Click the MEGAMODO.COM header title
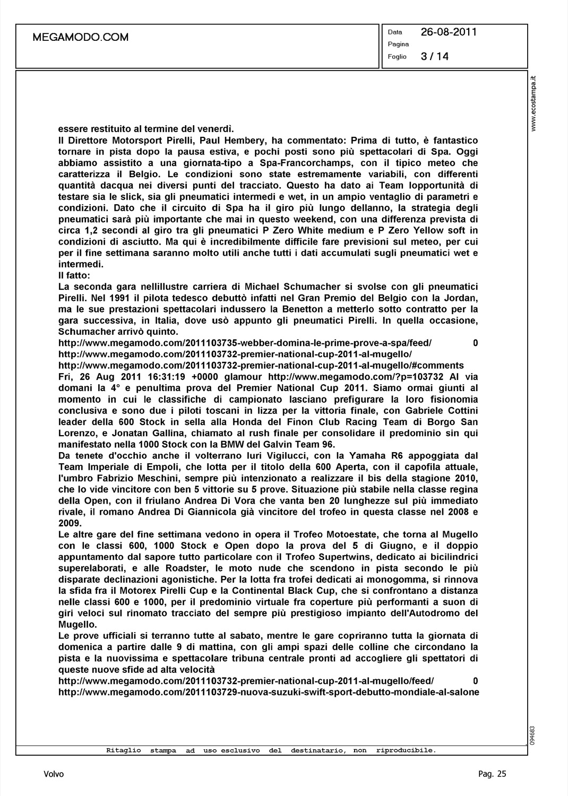pyautogui.click(x=81, y=37)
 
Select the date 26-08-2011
pyautogui.click(x=449, y=32)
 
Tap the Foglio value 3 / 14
pyautogui.click(x=434, y=57)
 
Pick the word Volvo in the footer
pyautogui.click(x=54, y=774)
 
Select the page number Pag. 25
pyautogui.click(x=492, y=774)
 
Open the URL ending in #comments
pyautogui.click(x=261, y=365)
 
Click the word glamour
pyautogui.click(x=245, y=377)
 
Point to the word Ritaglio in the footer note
pyautogui.click(x=124, y=750)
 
